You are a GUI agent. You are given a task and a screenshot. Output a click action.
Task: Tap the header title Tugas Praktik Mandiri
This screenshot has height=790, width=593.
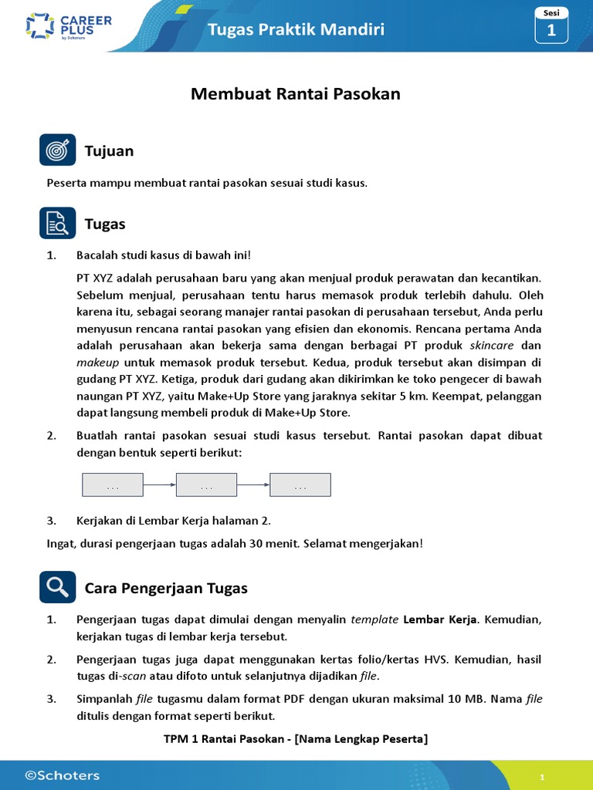coord(296,29)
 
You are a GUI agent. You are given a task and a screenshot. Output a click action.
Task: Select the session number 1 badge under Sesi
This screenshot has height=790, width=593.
coord(551,31)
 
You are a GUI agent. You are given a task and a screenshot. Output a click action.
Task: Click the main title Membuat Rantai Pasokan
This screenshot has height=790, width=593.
coord(296,94)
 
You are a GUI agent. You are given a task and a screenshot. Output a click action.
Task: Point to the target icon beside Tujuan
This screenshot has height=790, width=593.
coord(57,150)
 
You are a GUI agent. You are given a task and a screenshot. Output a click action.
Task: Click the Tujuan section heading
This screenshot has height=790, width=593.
coord(109,151)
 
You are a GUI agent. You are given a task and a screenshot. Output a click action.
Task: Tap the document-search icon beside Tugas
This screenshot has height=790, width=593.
coord(57,224)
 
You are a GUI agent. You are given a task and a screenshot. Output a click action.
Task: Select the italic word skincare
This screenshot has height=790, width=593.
coord(495,345)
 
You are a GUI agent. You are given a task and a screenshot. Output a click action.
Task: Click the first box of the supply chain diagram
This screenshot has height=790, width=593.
coord(113,484)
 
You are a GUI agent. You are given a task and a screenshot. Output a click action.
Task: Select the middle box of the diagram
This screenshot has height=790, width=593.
coord(206,484)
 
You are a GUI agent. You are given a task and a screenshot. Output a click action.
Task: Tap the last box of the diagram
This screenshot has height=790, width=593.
coord(300,484)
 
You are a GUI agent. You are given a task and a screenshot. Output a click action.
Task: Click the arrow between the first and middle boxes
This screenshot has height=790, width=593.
coord(160,484)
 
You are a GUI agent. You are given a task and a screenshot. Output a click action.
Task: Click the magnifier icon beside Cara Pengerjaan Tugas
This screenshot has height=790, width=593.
coord(57,587)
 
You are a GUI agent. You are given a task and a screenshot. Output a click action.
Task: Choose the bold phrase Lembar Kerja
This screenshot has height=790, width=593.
coord(441,620)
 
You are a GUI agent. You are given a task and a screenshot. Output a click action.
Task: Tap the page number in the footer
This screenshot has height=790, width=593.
coord(543,778)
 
